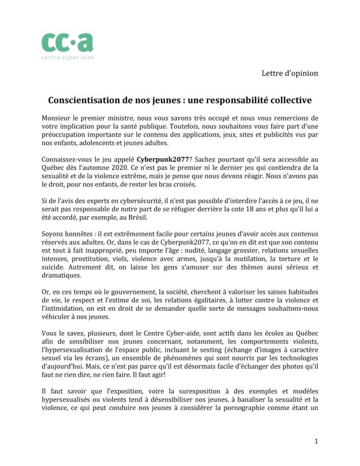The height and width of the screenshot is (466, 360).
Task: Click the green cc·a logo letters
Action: (67, 42)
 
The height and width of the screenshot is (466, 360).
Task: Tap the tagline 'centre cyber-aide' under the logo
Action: (67, 57)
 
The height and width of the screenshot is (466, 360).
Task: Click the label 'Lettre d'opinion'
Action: (290, 73)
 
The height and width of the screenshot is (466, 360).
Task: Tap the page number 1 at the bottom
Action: (316, 441)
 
